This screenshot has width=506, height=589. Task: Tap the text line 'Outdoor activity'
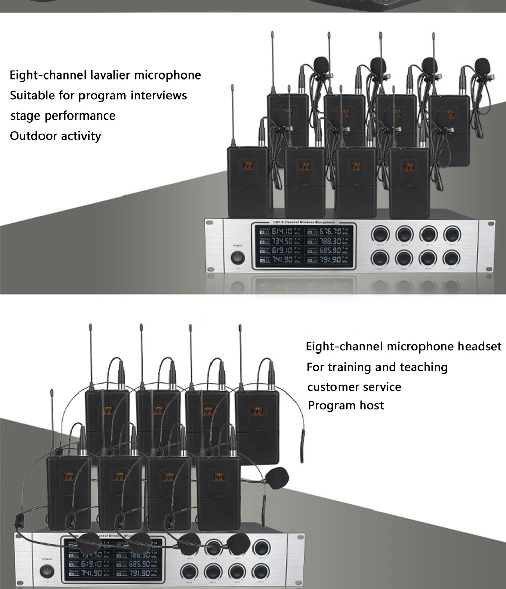(x=55, y=136)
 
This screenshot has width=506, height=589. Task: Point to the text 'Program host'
(x=346, y=405)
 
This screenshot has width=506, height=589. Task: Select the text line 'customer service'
(x=354, y=387)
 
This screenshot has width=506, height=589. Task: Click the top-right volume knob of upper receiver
(x=452, y=234)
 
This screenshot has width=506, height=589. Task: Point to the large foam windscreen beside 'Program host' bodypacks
(x=277, y=478)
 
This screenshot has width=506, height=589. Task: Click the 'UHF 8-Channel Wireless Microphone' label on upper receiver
(x=303, y=223)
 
